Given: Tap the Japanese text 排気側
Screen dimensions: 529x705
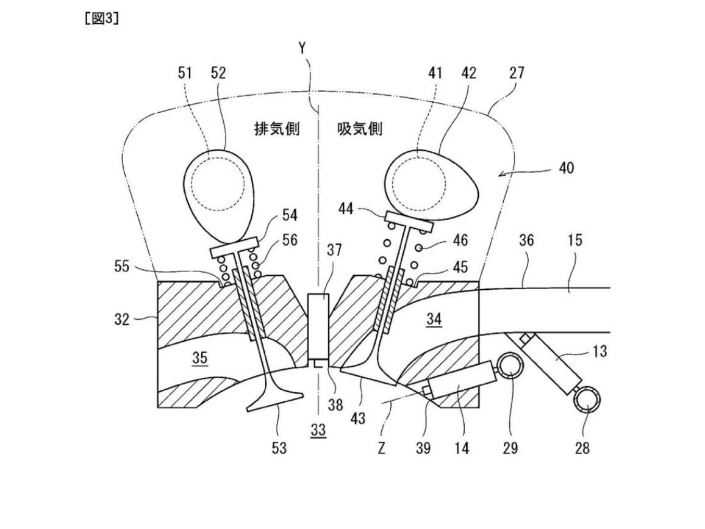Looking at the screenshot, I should (x=277, y=129).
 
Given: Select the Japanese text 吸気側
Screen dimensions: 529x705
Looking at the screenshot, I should (x=359, y=129).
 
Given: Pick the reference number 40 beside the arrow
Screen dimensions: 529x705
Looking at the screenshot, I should (x=566, y=167).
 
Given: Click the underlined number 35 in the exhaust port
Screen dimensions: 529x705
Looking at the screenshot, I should (x=200, y=358).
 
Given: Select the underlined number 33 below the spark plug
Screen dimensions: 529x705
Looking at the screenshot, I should (x=318, y=430).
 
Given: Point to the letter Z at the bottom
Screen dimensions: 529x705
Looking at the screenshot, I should (x=381, y=448).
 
